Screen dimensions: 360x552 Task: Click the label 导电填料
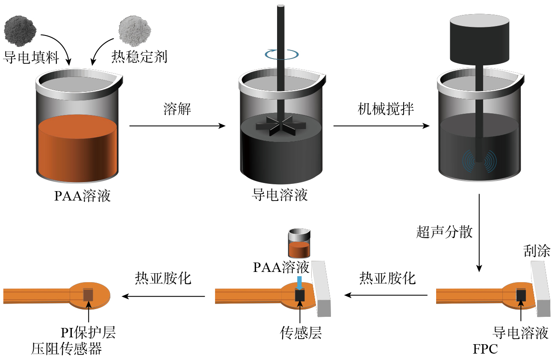tap(31, 58)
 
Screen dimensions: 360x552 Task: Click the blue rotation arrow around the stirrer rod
tap(281, 54)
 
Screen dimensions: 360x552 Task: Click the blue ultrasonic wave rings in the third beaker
tap(478, 162)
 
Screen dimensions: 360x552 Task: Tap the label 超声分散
tap(445, 232)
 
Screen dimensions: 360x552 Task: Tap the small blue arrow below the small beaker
tap(300, 283)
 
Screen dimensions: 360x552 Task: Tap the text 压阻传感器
tap(66, 349)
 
